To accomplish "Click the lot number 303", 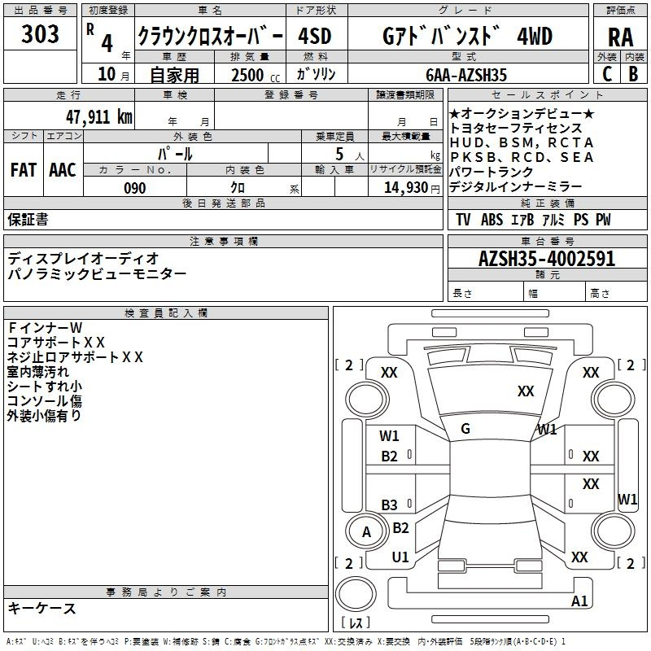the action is [40, 33].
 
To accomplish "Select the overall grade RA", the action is [620, 37].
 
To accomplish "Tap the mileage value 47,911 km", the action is [98, 116].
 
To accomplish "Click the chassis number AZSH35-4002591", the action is [547, 258].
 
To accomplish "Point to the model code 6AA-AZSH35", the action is [466, 75].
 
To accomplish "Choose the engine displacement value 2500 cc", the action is [256, 75].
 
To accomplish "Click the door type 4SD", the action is [315, 36].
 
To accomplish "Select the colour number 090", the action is [135, 188].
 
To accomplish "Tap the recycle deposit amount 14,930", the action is [405, 188].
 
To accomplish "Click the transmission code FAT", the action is [24, 170].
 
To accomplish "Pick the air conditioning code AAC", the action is [63, 170].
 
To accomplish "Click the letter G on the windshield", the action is [465, 429].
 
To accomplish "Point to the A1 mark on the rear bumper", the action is [579, 601].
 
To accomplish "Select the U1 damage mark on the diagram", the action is [400, 557].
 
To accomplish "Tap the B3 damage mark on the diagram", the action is [389, 505].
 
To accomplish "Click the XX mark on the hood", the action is [526, 391].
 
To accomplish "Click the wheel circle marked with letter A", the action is [365, 531].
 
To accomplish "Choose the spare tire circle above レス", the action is [356, 594].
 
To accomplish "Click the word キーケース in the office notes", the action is [42, 609].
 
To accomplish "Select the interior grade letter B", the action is [633, 74].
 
